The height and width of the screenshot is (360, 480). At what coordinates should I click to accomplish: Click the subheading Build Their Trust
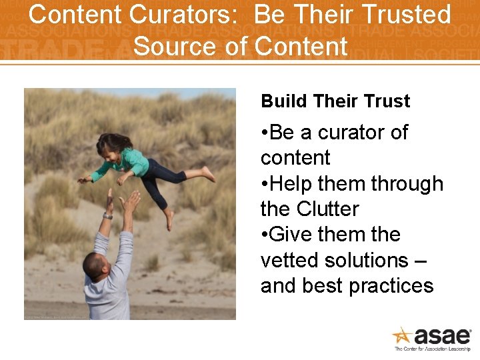[335, 101]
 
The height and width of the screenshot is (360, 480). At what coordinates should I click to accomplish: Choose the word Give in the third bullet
[294, 235]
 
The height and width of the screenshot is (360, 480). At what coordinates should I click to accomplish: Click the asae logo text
[443, 335]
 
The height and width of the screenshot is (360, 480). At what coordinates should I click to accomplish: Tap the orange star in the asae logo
[403, 335]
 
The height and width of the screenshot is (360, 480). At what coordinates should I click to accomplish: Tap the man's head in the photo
[95, 265]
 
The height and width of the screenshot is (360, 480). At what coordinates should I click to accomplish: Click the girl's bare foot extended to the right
[209, 174]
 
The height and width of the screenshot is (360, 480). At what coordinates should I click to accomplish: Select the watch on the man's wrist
[108, 215]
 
